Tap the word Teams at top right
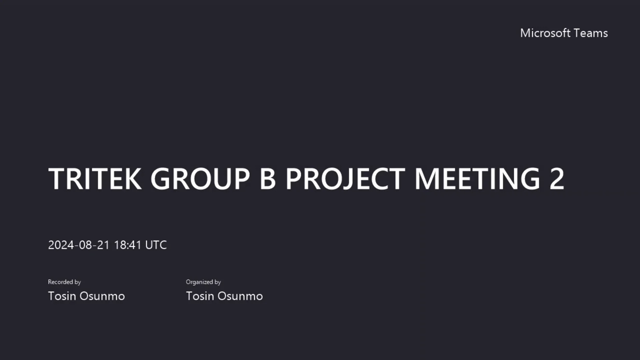591,33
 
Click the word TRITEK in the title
95,179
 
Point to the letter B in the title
267,179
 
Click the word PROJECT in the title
345,179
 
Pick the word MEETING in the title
477,179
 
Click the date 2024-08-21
79,245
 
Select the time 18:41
128,245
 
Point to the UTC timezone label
156,245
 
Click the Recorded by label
64,282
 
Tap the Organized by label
203,282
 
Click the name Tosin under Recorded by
62,296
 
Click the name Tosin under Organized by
200,296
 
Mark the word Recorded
60,282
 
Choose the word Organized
199,282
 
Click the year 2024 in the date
61,245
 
